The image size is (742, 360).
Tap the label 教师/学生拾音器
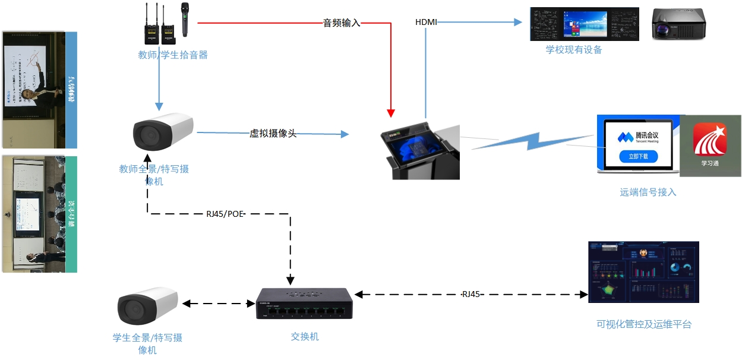point(173,55)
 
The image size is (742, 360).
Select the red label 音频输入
point(342,23)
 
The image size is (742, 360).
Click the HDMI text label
point(426,23)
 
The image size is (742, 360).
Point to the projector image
point(678,24)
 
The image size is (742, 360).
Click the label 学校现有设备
point(574,50)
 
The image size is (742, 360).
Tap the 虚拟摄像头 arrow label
point(273,134)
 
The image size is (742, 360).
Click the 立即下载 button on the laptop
point(638,157)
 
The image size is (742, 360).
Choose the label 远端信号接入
point(648,192)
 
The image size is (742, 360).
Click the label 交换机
point(305,337)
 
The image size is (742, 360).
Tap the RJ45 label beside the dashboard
point(471,294)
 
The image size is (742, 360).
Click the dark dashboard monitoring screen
point(643,272)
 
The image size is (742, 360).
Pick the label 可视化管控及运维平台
point(644,324)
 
